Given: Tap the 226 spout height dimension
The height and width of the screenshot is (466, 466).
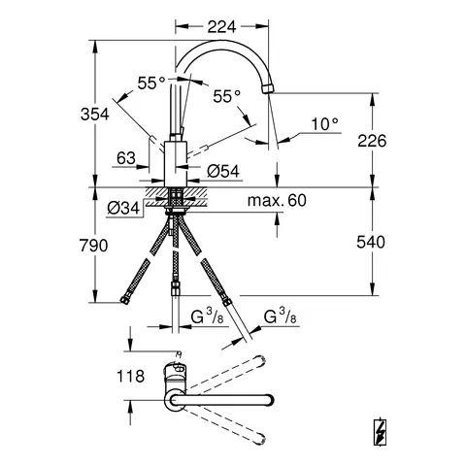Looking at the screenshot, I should click(371, 141).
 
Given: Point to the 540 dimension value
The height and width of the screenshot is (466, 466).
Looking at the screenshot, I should click(371, 241).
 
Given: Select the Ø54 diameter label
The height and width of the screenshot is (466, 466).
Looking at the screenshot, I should click(224, 171).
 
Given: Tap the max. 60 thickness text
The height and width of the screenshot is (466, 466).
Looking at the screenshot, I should click(276, 201).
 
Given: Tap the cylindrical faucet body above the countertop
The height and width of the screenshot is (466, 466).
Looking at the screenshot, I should click(176, 161).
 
